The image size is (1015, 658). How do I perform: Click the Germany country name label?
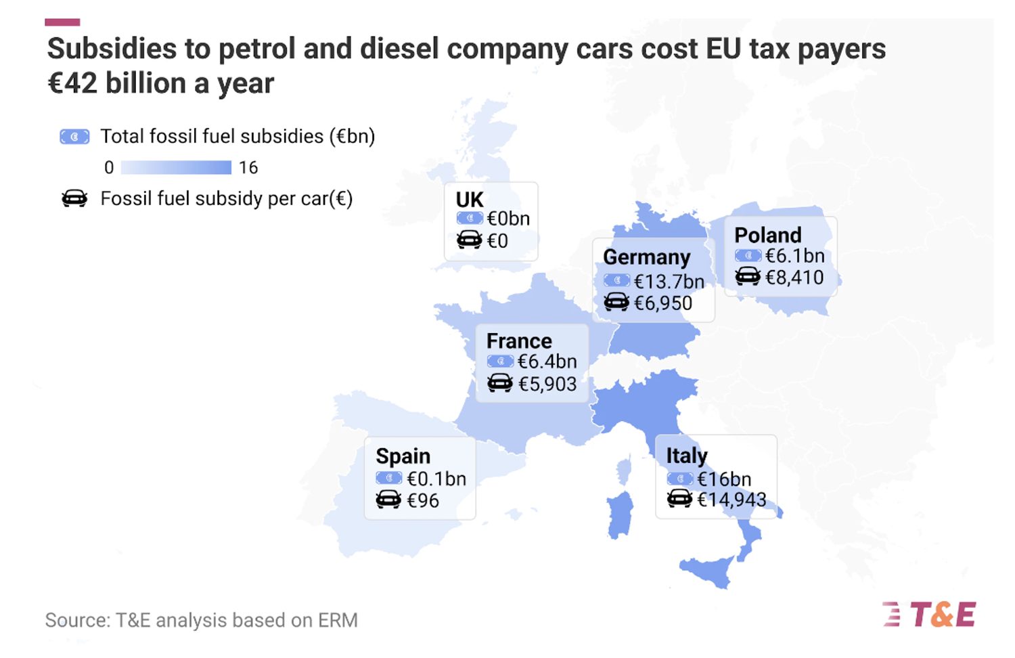point(646,257)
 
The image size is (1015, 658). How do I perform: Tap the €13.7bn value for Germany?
point(669,281)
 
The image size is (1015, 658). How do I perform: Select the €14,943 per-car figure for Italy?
point(731,500)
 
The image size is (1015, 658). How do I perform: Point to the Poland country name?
point(767,235)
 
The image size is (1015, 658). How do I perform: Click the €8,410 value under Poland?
point(794,277)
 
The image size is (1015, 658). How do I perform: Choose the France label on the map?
point(519,341)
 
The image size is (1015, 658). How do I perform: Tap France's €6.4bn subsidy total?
point(547,361)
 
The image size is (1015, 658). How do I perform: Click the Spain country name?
point(403,456)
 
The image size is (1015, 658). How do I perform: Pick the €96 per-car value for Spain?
point(422,501)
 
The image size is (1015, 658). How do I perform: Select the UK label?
point(469,200)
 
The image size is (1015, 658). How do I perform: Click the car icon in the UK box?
point(469,240)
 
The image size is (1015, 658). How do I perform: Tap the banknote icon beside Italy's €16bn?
point(679,479)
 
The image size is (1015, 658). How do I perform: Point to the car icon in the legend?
point(74,199)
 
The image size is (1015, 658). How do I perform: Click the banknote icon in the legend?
point(74,137)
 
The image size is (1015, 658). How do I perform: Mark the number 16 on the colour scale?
point(248,167)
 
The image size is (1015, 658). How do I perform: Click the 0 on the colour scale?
point(109,167)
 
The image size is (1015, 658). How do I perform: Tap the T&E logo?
point(930,615)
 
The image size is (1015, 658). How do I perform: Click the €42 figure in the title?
point(72,83)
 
